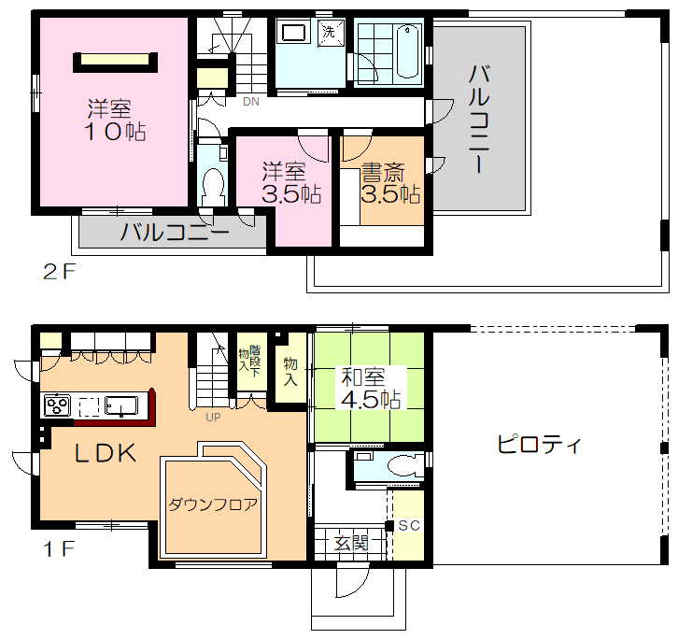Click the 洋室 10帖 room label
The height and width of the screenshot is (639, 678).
116,120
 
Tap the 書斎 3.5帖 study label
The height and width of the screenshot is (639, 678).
390,183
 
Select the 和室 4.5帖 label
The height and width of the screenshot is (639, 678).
371,388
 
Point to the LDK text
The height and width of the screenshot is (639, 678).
106,453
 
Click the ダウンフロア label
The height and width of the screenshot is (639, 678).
212,504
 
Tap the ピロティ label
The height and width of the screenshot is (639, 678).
539,445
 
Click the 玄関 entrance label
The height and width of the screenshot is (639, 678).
351,543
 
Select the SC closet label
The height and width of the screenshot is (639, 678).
409,525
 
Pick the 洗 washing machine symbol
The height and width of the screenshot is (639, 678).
331,31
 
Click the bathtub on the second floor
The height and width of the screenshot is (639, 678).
409,51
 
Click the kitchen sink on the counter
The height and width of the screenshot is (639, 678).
122,406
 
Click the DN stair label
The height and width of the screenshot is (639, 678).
251,102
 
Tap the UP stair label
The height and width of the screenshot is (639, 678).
213,417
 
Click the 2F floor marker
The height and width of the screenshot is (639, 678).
59,272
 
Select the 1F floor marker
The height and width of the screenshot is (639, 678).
59,549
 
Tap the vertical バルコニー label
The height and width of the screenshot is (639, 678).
479,120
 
